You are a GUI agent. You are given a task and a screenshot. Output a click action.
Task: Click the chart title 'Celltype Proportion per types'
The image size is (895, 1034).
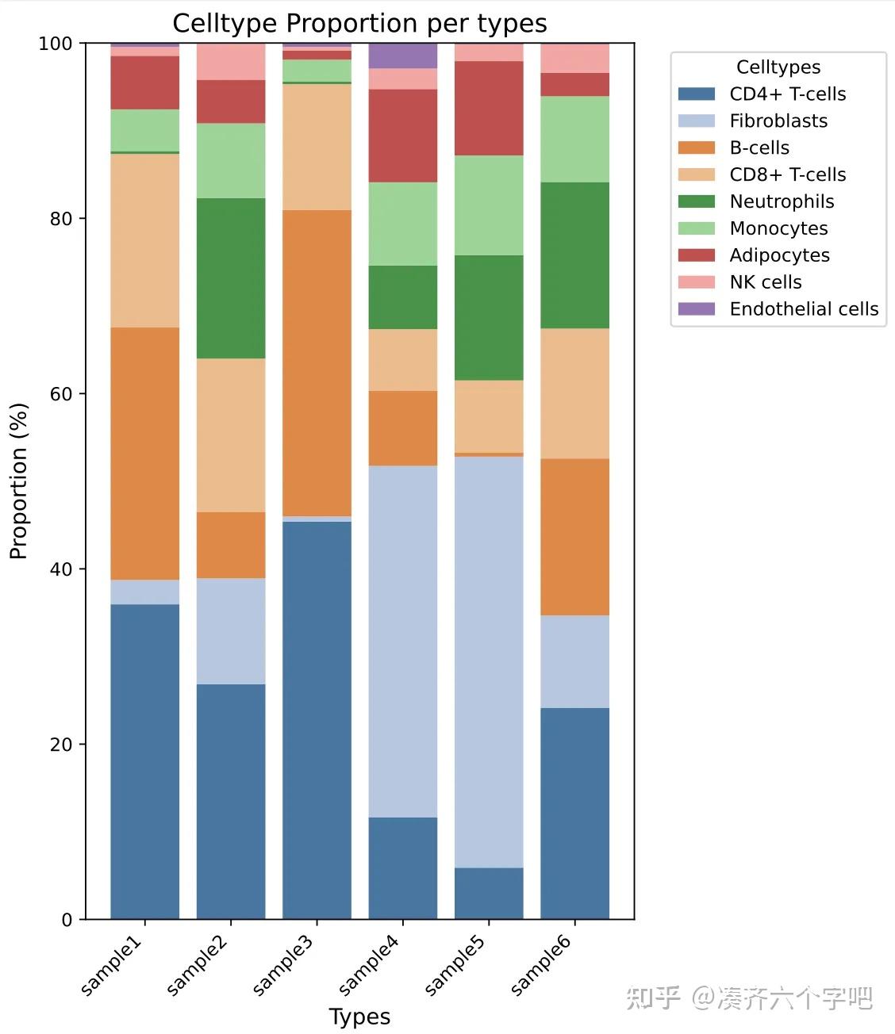click(x=359, y=23)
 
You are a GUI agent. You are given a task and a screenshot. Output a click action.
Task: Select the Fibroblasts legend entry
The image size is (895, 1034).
click(x=778, y=121)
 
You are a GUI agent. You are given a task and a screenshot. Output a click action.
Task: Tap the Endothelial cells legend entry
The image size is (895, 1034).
click(x=803, y=308)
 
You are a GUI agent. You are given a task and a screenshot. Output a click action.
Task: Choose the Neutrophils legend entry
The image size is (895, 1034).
click(x=782, y=201)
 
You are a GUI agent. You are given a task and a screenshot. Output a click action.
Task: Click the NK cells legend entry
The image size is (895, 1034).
click(x=765, y=281)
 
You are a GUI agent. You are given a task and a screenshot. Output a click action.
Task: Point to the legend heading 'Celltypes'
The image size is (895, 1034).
click(x=778, y=67)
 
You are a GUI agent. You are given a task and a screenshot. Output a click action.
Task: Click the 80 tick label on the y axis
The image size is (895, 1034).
click(x=60, y=219)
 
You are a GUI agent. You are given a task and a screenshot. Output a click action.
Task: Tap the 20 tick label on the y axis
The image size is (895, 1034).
click(x=60, y=745)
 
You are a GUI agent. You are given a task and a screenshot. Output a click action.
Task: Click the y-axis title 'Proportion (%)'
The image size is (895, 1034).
click(x=19, y=481)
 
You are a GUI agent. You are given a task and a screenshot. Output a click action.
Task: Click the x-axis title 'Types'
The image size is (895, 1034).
click(x=359, y=1017)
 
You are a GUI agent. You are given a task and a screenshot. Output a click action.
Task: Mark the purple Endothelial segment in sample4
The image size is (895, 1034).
click(x=403, y=56)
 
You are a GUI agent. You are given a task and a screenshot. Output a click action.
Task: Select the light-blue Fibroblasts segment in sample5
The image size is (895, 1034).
click(x=489, y=662)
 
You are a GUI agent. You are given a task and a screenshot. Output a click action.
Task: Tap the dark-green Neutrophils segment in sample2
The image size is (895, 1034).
click(x=231, y=278)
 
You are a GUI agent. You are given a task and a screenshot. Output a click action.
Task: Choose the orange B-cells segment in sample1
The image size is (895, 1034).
click(x=144, y=454)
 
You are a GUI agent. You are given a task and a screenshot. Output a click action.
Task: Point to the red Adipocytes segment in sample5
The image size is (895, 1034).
click(x=489, y=108)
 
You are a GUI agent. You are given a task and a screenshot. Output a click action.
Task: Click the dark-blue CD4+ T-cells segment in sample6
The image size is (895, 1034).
click(x=574, y=814)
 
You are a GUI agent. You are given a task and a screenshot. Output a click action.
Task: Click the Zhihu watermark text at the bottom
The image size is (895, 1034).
click(x=749, y=998)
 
